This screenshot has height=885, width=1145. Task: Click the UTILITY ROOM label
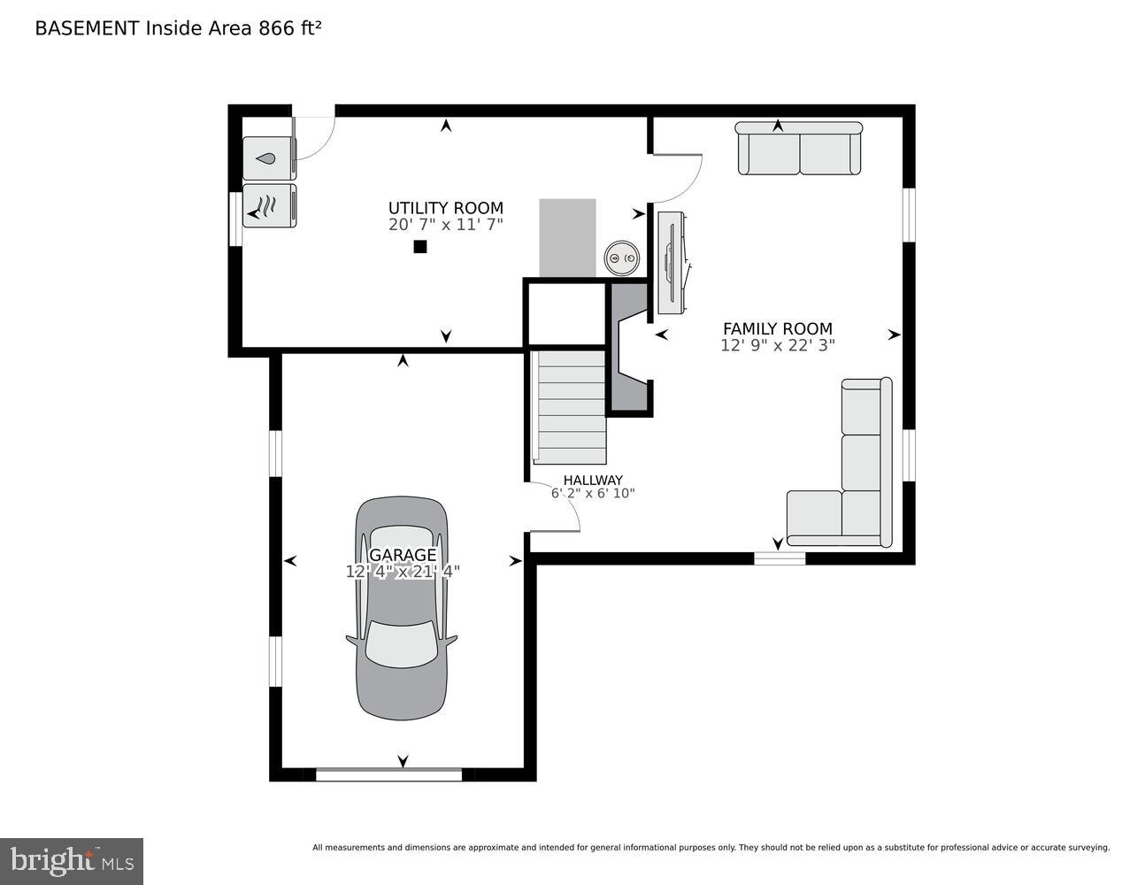[x=446, y=208]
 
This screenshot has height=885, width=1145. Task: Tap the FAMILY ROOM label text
[x=778, y=328]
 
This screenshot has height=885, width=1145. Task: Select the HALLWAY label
[x=593, y=480]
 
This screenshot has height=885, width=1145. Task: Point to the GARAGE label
[x=403, y=555]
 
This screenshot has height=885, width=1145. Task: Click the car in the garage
[x=402, y=609]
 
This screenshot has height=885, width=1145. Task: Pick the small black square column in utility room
[x=420, y=247]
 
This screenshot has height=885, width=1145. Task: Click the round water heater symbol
[x=622, y=258]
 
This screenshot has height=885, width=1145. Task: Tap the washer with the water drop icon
[x=269, y=158]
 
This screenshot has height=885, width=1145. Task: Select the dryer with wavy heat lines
[x=269, y=205]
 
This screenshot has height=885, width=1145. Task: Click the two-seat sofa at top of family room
[x=799, y=148]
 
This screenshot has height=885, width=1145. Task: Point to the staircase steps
[x=569, y=408]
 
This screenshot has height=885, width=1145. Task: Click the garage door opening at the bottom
[x=388, y=774]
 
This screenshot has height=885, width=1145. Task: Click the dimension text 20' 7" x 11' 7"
[x=446, y=225]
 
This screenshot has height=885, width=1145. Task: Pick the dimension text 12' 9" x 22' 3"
[x=778, y=345]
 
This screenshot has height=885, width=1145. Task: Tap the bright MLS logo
[x=72, y=861]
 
